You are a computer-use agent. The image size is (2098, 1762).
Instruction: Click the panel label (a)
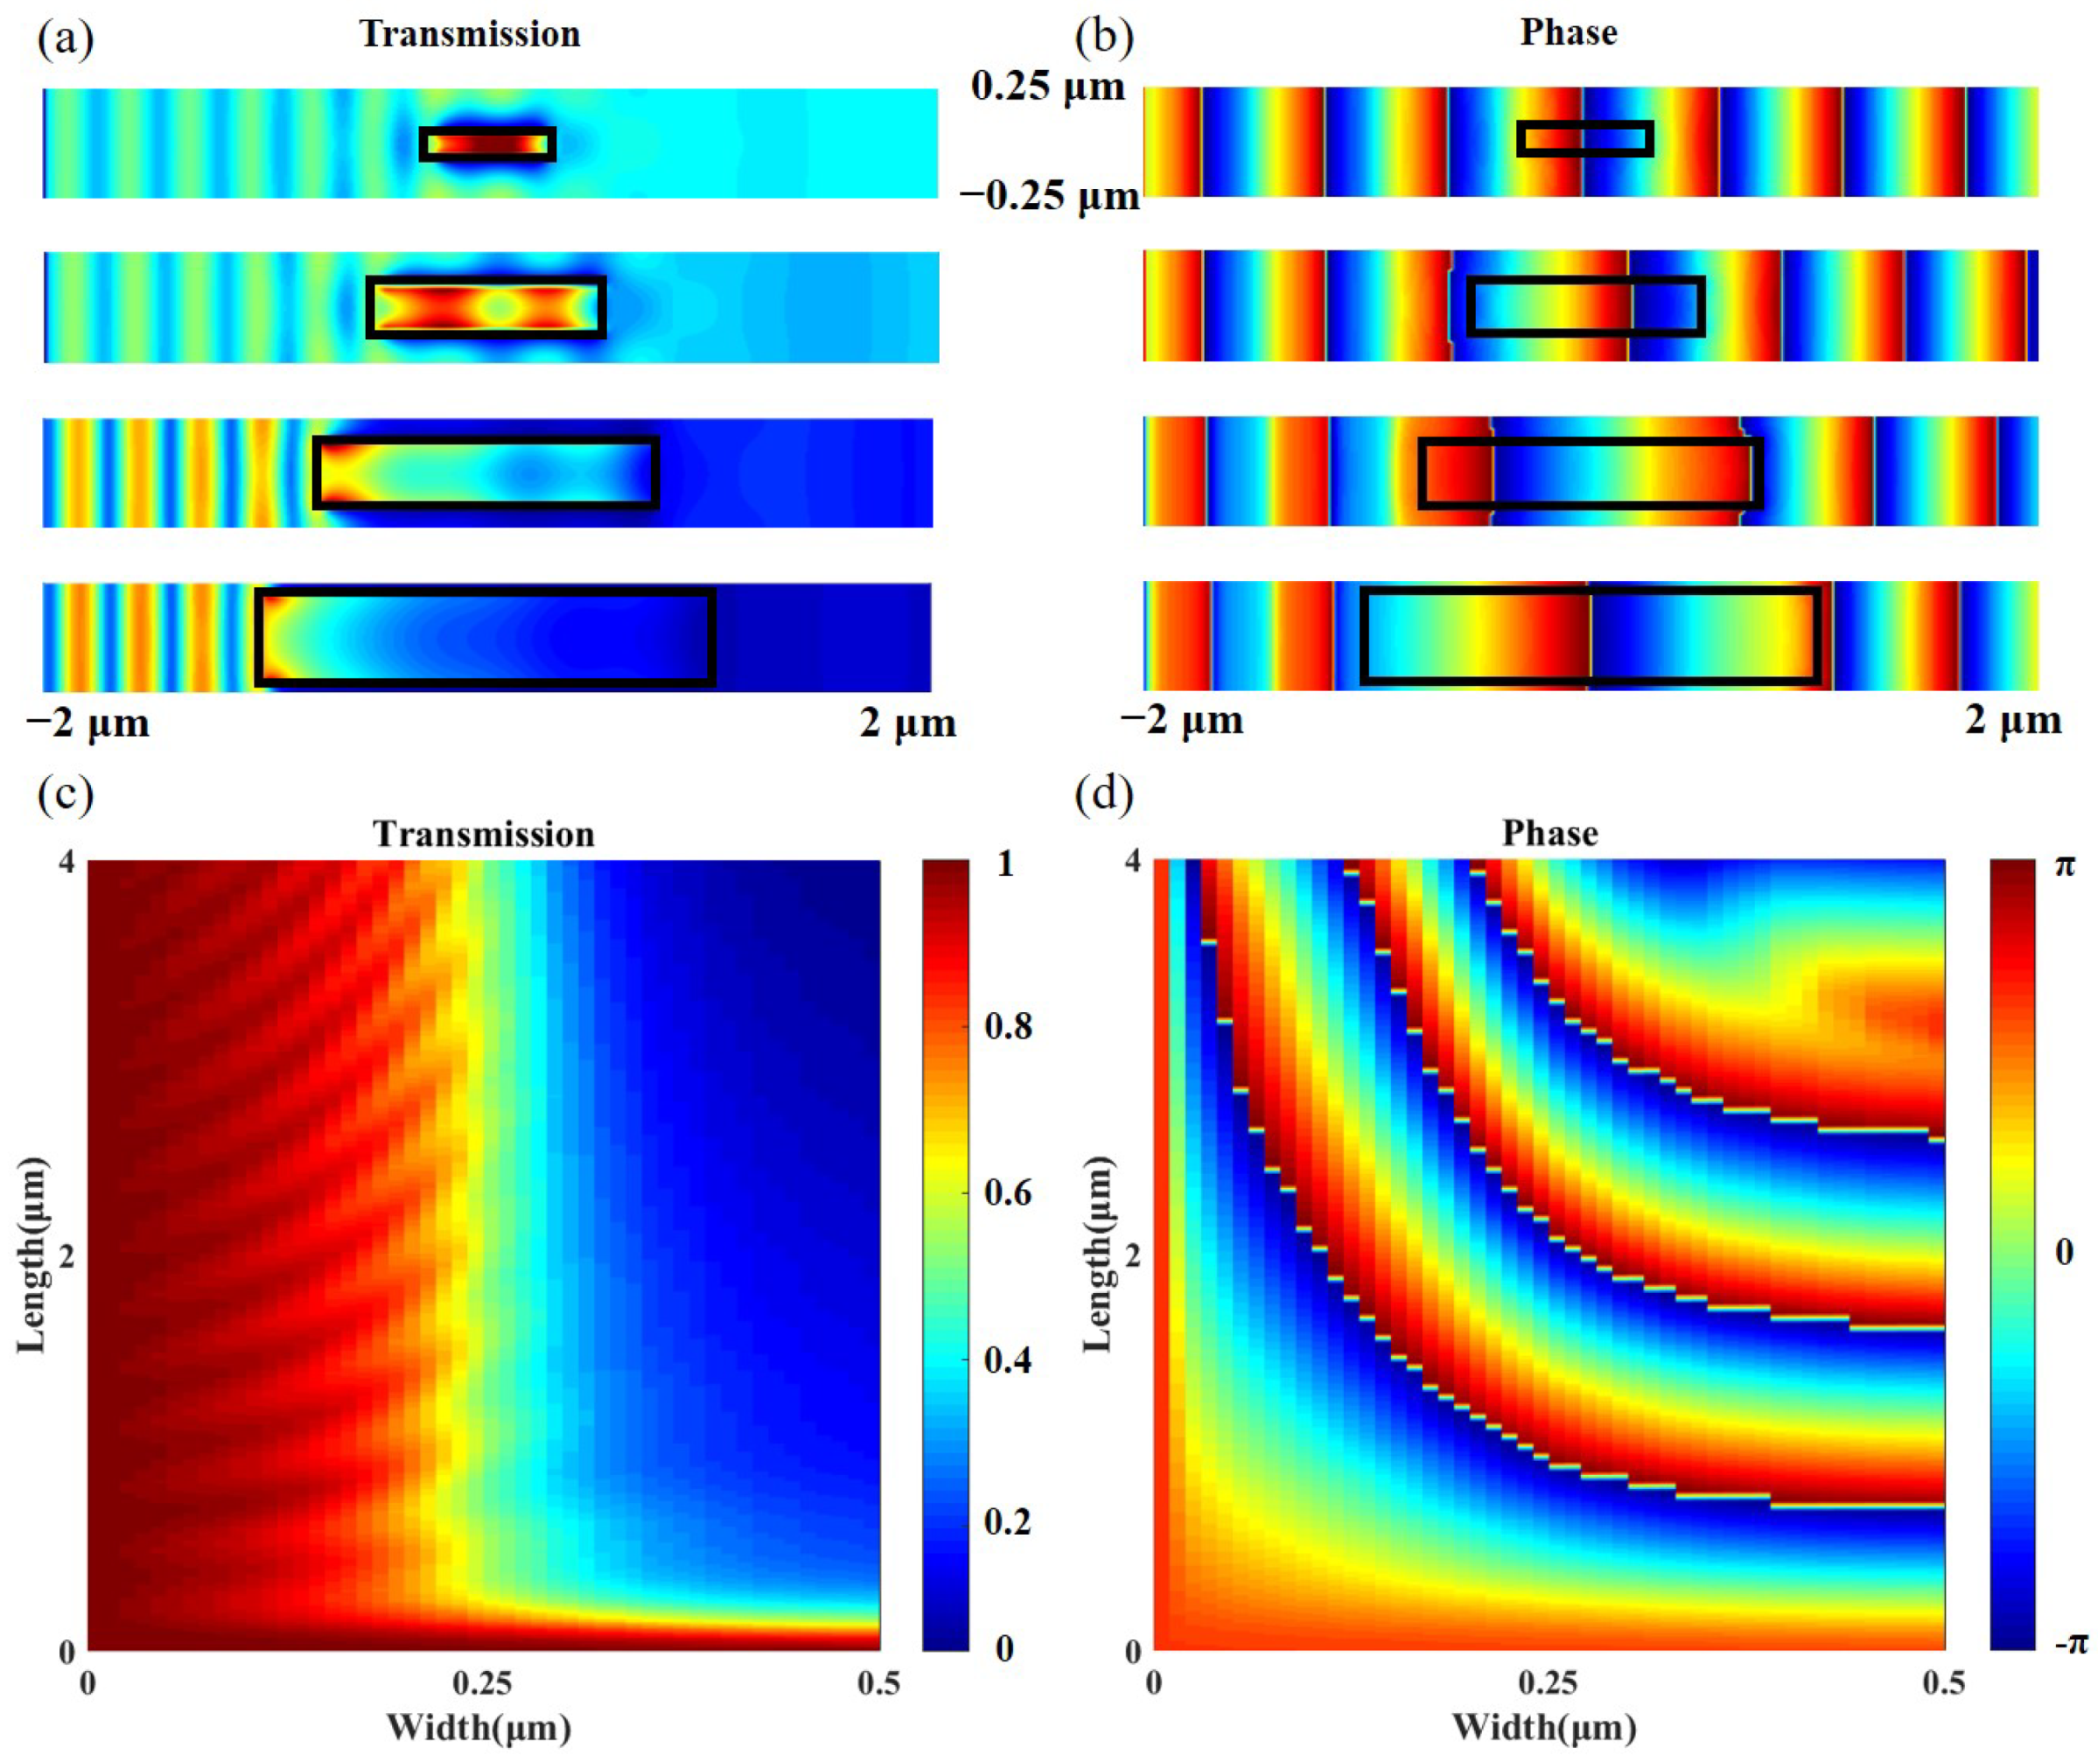tap(65, 39)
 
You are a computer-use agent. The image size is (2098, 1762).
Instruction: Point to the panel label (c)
tap(65, 794)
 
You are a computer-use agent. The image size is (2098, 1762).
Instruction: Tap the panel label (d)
tap(1104, 794)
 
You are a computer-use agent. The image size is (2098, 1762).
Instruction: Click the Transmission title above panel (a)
tap(470, 35)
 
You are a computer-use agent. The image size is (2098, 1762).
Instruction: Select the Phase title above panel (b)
tap(1568, 33)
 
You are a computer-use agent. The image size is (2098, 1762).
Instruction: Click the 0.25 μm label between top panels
tap(1047, 87)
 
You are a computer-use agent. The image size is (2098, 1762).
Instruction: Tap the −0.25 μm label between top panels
tap(1049, 196)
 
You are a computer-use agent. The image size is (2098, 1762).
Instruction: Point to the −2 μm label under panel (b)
tap(1182, 720)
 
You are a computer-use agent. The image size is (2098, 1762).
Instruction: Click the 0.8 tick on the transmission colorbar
tap(1008, 1026)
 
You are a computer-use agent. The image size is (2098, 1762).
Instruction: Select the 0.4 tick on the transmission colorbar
tap(1008, 1360)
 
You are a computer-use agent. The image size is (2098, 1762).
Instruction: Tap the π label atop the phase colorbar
tap(2064, 865)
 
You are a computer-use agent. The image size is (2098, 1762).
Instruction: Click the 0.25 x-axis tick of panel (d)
tap(1548, 1684)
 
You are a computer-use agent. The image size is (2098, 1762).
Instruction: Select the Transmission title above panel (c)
tap(484, 834)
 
